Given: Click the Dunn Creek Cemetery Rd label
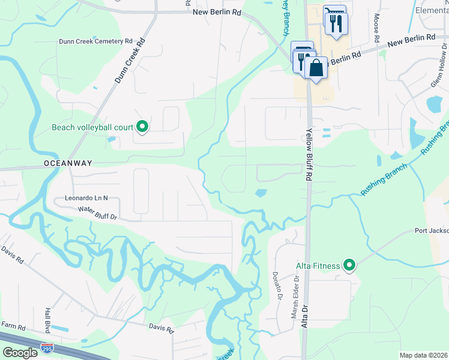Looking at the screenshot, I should [x=95, y=41].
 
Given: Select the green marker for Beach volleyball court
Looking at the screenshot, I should [x=142, y=127].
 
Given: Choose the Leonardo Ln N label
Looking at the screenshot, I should [x=86, y=197].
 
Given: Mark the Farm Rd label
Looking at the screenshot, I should [x=13, y=328].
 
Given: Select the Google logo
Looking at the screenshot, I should [x=20, y=353].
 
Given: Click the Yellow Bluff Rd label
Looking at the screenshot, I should [x=310, y=155].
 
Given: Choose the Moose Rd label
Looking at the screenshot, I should [x=377, y=28].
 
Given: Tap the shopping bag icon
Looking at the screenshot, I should [x=316, y=67].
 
